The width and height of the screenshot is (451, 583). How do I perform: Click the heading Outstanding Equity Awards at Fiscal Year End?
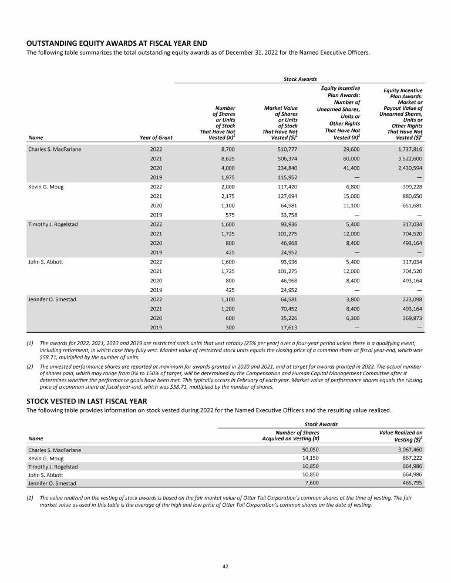pos(116,43)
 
